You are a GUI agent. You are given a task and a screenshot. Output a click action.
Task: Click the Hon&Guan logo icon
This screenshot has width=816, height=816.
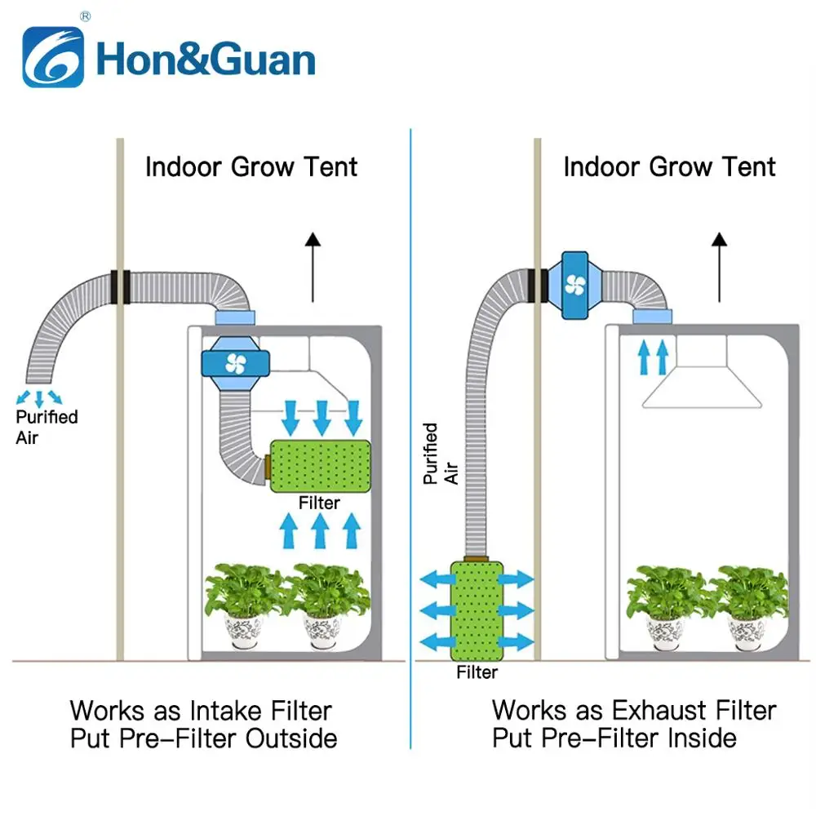click(x=53, y=57)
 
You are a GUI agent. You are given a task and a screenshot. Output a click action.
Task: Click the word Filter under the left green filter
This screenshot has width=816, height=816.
click(x=319, y=503)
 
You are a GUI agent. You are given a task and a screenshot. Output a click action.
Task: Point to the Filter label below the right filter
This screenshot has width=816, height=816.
click(x=477, y=672)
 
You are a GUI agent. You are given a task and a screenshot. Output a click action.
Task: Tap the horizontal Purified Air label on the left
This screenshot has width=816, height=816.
click(x=47, y=427)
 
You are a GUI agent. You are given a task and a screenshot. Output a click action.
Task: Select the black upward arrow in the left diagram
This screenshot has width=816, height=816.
click(x=312, y=266)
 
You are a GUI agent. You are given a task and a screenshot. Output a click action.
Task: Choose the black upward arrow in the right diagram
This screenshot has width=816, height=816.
click(x=719, y=266)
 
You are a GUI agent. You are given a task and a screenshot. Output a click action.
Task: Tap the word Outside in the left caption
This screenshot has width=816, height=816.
click(x=291, y=738)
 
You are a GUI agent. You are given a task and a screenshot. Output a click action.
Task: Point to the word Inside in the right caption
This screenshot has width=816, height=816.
click(x=698, y=738)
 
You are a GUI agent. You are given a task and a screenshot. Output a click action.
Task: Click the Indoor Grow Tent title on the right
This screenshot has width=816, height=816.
click(x=669, y=167)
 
